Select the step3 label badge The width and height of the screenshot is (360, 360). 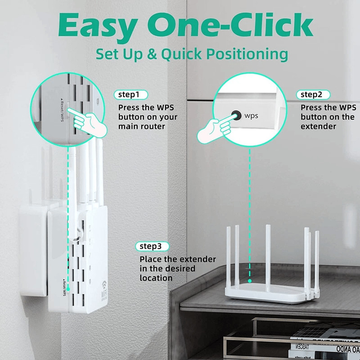153,246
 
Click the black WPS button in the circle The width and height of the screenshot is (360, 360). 235,115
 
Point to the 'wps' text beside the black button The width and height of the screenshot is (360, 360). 252,116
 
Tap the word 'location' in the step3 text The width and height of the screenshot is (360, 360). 156,278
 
